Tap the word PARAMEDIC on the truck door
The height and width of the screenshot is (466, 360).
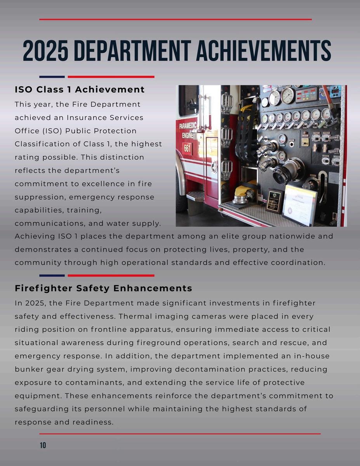tap(188, 126)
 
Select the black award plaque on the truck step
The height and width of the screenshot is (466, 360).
tap(275, 201)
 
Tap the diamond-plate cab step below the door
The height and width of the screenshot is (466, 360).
tap(195, 195)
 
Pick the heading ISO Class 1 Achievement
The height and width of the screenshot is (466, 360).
tap(80, 90)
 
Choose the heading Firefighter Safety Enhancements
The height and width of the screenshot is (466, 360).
tap(103, 289)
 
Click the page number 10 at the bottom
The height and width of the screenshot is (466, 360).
tap(43, 445)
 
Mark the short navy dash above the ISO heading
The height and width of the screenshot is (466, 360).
tap(52, 77)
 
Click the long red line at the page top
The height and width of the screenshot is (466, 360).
tap(176, 19)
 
